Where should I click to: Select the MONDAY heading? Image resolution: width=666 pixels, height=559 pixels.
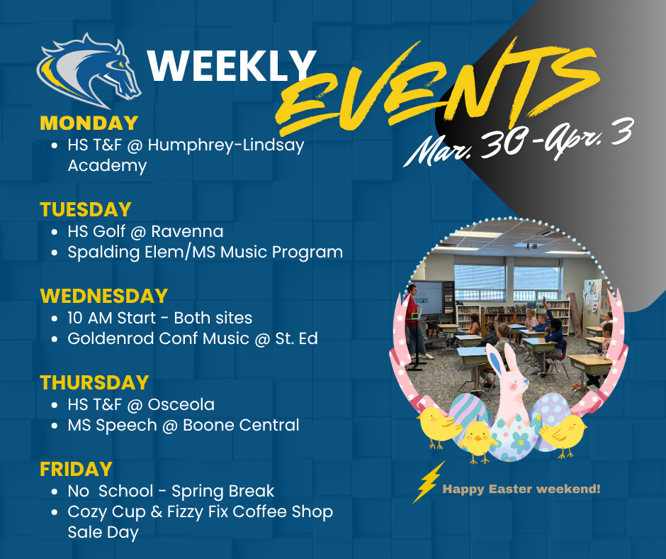tap(89, 123)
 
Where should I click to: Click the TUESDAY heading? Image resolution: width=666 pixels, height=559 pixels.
tap(86, 209)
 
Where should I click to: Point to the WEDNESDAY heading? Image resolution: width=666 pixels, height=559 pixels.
tap(103, 296)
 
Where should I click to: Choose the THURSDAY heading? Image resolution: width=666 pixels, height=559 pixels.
tap(94, 382)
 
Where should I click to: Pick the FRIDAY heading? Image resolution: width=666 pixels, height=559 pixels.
tap(76, 469)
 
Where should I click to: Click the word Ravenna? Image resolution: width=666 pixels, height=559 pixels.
tap(190, 231)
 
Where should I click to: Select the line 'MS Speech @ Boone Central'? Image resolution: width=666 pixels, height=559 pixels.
tap(183, 425)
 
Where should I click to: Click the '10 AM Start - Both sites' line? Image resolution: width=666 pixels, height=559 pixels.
tap(159, 318)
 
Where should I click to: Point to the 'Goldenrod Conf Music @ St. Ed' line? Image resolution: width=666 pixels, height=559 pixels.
tap(192, 338)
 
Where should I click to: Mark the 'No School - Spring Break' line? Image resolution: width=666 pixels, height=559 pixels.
tap(170, 491)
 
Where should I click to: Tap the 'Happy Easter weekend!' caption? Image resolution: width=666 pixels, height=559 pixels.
tap(521, 489)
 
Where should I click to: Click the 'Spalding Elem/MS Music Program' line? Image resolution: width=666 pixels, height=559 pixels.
tap(205, 252)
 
